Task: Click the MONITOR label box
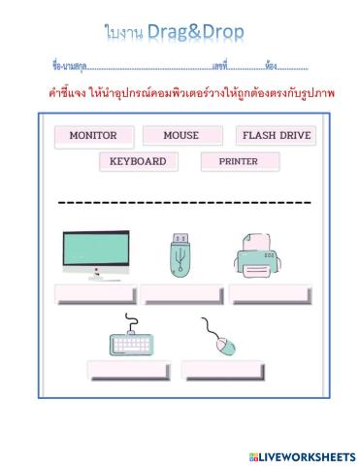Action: [93, 136]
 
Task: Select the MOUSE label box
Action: [181, 136]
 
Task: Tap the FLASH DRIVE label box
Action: [276, 136]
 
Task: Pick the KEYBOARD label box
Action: [138, 161]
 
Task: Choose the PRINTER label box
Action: [240, 161]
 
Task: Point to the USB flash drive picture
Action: [181, 256]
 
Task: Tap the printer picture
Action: [258, 256]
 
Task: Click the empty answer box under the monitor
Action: [95, 294]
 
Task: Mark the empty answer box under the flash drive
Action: [181, 294]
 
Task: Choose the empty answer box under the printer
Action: [271, 294]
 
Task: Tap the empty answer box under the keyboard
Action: [128, 370]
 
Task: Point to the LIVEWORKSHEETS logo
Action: [303, 455]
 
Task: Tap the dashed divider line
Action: [184, 203]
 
